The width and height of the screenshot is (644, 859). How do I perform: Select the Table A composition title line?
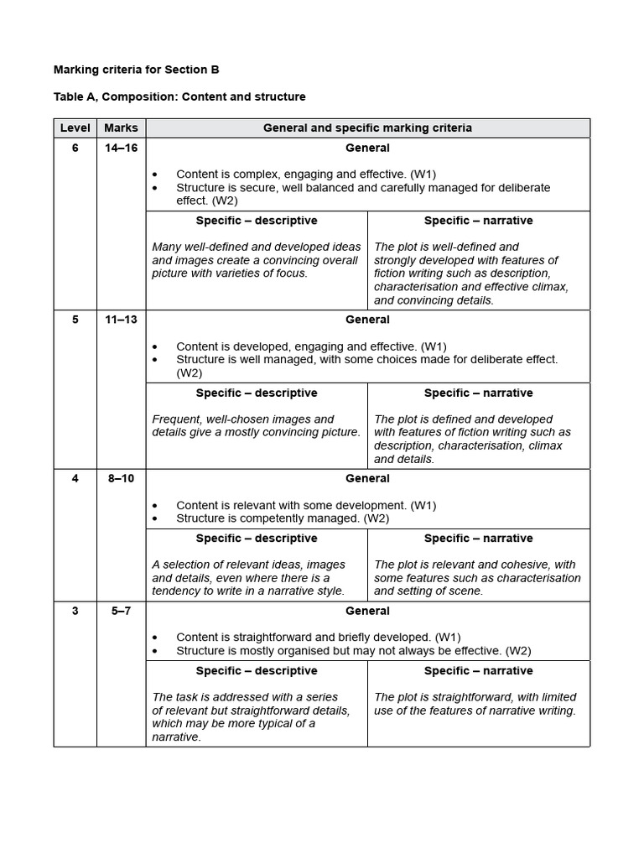click(179, 97)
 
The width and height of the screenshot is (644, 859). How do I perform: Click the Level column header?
click(75, 128)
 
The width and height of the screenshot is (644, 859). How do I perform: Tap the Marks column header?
click(121, 128)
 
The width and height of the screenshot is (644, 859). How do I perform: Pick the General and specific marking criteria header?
click(367, 128)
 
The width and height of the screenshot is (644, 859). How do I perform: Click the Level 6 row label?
click(75, 148)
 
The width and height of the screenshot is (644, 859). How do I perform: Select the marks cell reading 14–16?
click(121, 148)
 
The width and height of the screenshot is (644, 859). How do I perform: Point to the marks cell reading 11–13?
click(121, 320)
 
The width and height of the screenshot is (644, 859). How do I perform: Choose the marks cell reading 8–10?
click(121, 479)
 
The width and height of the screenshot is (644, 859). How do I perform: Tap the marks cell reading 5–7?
click(121, 612)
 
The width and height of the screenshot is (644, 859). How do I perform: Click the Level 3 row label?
click(75, 612)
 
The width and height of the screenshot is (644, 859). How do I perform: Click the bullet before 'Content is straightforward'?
click(156, 638)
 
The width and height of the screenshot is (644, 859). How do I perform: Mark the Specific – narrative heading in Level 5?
click(478, 393)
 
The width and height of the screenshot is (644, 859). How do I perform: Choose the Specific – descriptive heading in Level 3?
click(257, 671)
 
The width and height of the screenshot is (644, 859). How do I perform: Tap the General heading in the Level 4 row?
click(367, 479)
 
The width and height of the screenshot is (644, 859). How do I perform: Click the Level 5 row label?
click(75, 320)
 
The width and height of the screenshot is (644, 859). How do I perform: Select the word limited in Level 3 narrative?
click(556, 697)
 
